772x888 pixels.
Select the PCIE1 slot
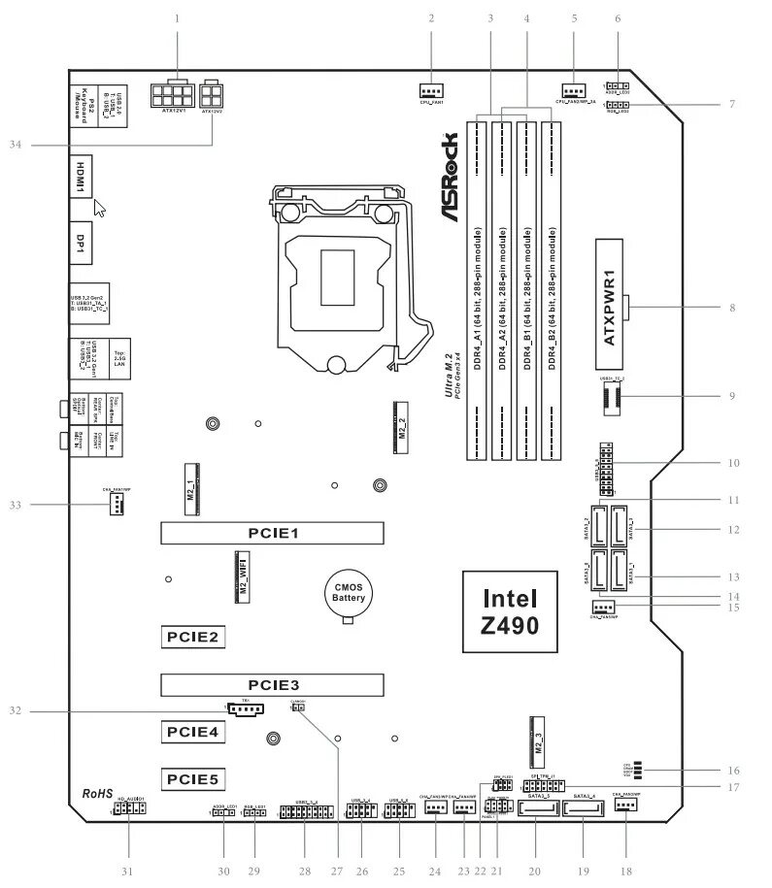(272, 532)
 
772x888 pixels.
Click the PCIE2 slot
(194, 637)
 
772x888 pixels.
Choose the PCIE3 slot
(272, 684)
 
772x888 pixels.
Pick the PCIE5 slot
(194, 777)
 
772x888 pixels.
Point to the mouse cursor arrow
(99, 208)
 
